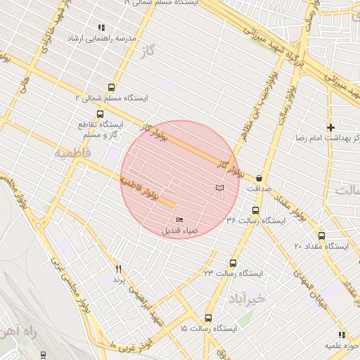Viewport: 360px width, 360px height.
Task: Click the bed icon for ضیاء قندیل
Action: pos(178,220)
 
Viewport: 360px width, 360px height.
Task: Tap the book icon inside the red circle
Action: pos(220,188)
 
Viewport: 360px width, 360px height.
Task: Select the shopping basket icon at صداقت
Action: pos(259,179)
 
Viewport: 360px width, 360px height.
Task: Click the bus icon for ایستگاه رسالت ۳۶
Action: pos(255,210)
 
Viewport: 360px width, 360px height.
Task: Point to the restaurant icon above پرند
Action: pos(118,269)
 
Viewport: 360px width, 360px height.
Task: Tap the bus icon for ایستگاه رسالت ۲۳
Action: pos(230,262)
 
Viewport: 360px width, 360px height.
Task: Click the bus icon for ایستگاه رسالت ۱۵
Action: pos(208,318)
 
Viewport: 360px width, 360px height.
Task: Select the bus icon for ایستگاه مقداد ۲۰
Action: pos(322,236)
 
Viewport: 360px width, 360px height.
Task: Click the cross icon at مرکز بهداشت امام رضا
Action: pos(330,127)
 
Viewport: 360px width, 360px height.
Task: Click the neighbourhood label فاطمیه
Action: pos(72,151)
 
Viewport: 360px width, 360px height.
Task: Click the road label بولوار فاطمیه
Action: pos(148,190)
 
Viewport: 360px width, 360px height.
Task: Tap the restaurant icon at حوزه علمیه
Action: pos(342,335)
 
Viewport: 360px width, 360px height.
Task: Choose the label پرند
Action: pos(118,279)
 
